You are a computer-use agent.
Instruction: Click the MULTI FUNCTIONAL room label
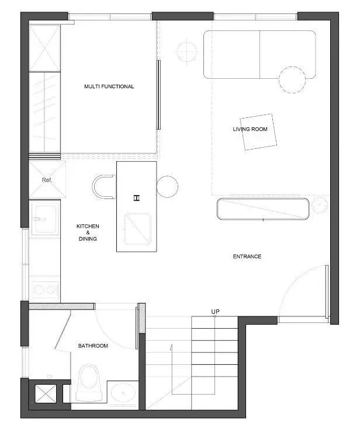click(x=109, y=86)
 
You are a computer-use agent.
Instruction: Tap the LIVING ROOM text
click(x=250, y=129)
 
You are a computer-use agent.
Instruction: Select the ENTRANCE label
click(x=247, y=256)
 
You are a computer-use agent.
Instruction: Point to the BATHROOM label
click(x=93, y=346)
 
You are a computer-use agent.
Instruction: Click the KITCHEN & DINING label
click(x=88, y=232)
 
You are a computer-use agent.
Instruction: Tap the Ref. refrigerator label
click(x=47, y=180)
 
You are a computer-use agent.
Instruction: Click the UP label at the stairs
click(x=215, y=312)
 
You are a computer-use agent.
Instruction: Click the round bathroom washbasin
click(x=122, y=394)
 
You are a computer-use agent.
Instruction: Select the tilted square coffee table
click(x=257, y=131)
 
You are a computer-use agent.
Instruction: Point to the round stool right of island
click(x=167, y=186)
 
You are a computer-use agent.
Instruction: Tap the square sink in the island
click(x=137, y=229)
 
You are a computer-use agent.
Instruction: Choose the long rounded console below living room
click(x=263, y=209)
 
